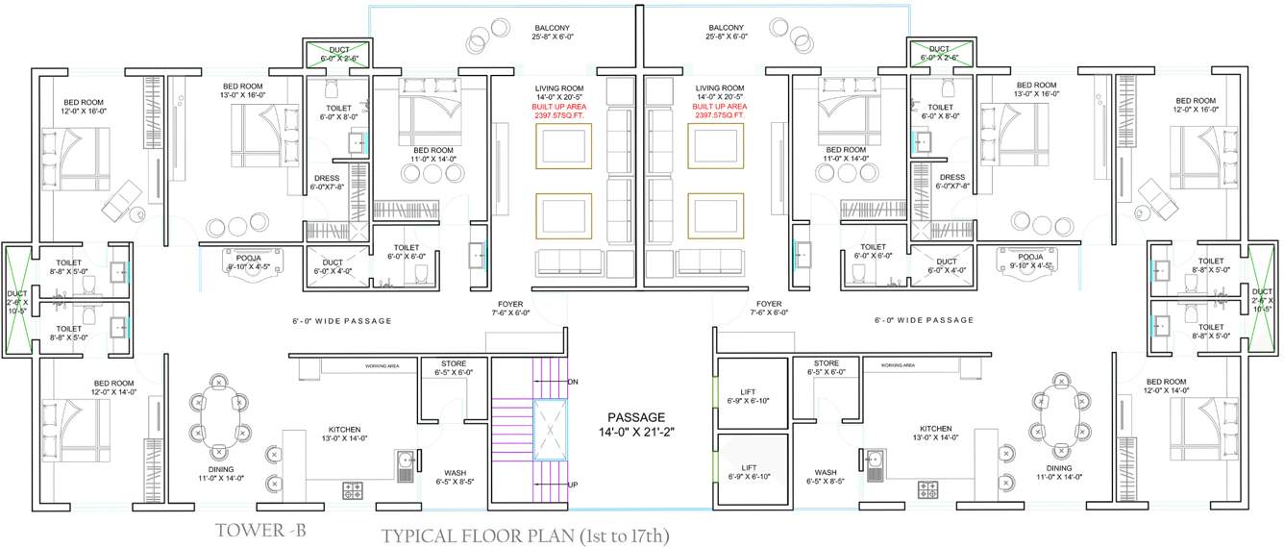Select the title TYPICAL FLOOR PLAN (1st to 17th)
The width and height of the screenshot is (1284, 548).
[x=525, y=535]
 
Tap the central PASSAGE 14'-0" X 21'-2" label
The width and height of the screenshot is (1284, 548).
[x=636, y=424]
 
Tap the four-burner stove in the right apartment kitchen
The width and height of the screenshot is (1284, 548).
[x=929, y=489]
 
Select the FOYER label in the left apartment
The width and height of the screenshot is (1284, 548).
[x=510, y=308]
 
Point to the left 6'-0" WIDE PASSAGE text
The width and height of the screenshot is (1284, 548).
[x=342, y=320]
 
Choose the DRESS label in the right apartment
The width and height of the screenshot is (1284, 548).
[x=951, y=183]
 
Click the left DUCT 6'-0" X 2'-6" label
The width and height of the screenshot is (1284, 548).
[x=339, y=54]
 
